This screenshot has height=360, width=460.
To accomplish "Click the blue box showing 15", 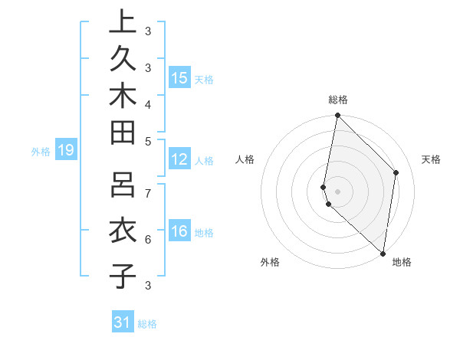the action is (x=179, y=77).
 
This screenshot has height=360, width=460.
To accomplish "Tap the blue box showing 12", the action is (x=179, y=159).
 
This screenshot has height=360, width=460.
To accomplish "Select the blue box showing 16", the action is (x=179, y=231).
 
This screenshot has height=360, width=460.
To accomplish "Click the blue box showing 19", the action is (x=66, y=150).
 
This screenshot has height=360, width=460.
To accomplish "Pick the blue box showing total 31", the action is (x=123, y=322).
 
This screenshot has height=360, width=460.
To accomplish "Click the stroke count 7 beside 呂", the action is (x=147, y=192).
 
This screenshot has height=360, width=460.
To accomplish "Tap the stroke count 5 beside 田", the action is (x=147, y=141).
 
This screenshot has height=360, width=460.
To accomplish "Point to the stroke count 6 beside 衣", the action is (x=147, y=240).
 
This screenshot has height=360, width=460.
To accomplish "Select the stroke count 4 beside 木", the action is (x=147, y=104).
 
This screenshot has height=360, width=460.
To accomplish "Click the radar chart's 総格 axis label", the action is (x=338, y=100).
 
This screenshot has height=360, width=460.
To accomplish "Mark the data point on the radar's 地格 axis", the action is (x=383, y=253).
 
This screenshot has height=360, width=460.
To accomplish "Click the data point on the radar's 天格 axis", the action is (x=396, y=172).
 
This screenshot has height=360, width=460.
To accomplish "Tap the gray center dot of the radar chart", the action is (x=338, y=191).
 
